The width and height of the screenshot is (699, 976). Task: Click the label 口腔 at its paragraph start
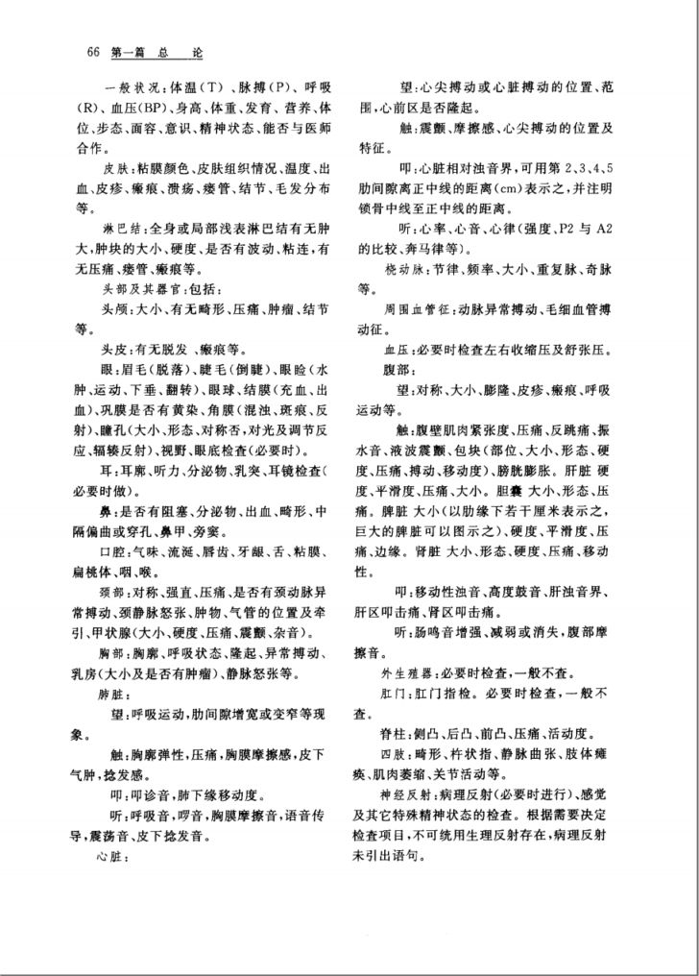click(x=113, y=550)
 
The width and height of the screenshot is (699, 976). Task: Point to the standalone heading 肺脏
click(x=111, y=692)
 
